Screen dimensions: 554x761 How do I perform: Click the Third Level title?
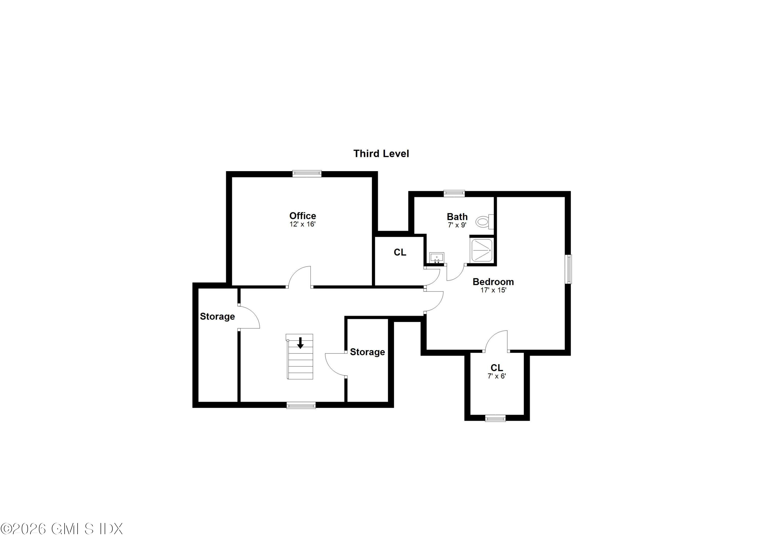pos(381,154)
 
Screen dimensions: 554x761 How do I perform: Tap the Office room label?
pos(303,216)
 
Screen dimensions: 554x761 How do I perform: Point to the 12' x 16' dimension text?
pos(303,224)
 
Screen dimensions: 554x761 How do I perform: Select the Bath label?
pos(457,217)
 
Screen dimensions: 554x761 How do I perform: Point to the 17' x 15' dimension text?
pos(493,290)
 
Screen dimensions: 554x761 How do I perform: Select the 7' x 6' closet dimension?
pos(497,376)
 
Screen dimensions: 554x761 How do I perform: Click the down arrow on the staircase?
pos(300,343)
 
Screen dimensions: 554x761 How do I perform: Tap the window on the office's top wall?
pos(307,174)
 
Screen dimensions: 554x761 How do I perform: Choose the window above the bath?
pos(454,193)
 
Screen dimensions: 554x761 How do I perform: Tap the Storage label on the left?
pos(217,316)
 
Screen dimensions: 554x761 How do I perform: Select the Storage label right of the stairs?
pos(367,352)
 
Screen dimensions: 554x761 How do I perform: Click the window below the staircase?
pos(301,405)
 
